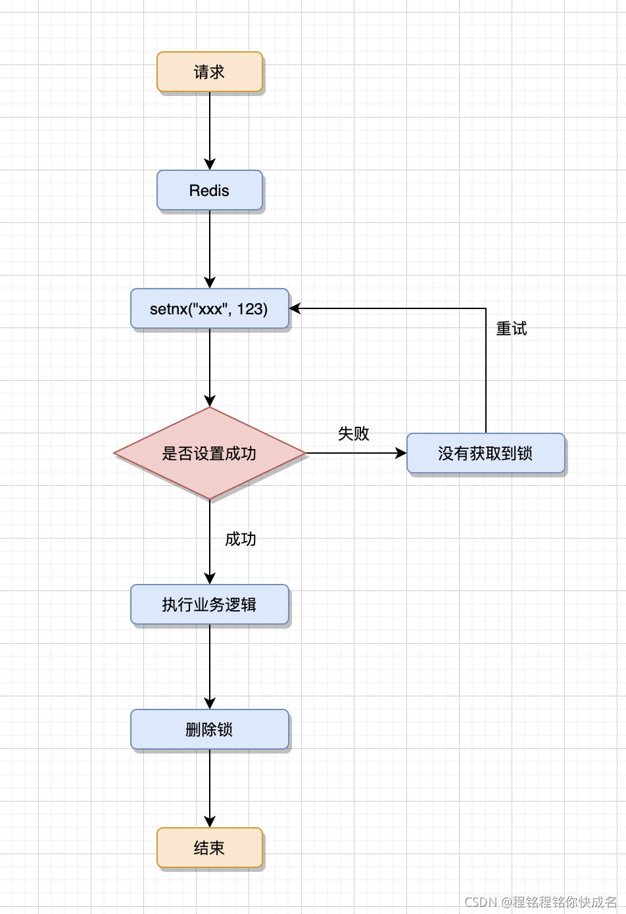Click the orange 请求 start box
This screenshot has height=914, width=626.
click(209, 72)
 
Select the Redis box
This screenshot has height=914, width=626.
click(209, 191)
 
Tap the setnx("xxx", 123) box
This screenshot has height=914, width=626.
click(209, 308)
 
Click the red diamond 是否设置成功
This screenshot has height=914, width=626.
click(209, 453)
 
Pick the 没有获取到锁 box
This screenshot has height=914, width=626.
click(485, 453)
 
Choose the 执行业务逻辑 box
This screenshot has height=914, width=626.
click(209, 604)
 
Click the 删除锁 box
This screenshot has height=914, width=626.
click(209, 729)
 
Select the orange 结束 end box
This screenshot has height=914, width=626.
click(209, 848)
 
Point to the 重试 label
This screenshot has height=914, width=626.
click(511, 329)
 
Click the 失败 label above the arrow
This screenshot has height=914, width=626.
click(353, 433)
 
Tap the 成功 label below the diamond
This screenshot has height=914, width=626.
click(240, 539)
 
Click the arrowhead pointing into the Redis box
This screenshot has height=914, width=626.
click(210, 164)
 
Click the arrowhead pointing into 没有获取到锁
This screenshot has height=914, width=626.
click(400, 453)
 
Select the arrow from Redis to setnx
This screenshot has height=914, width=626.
click(210, 247)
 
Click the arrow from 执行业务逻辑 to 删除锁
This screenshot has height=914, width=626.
click(210, 664)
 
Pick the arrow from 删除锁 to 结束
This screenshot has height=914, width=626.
click(210, 786)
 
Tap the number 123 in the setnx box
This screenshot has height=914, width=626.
click(251, 308)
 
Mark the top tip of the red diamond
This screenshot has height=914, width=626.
click(210, 408)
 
